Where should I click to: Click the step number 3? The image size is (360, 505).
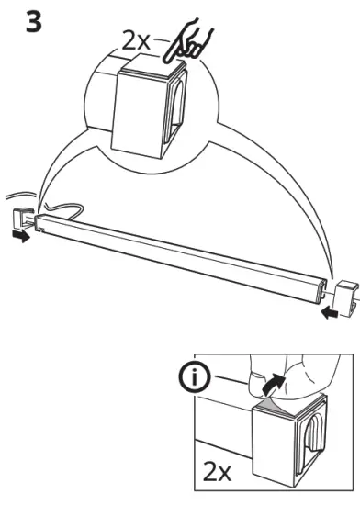[x=32, y=22]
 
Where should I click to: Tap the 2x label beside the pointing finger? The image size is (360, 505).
[x=141, y=41]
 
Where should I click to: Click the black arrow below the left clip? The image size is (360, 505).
[x=19, y=237]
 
